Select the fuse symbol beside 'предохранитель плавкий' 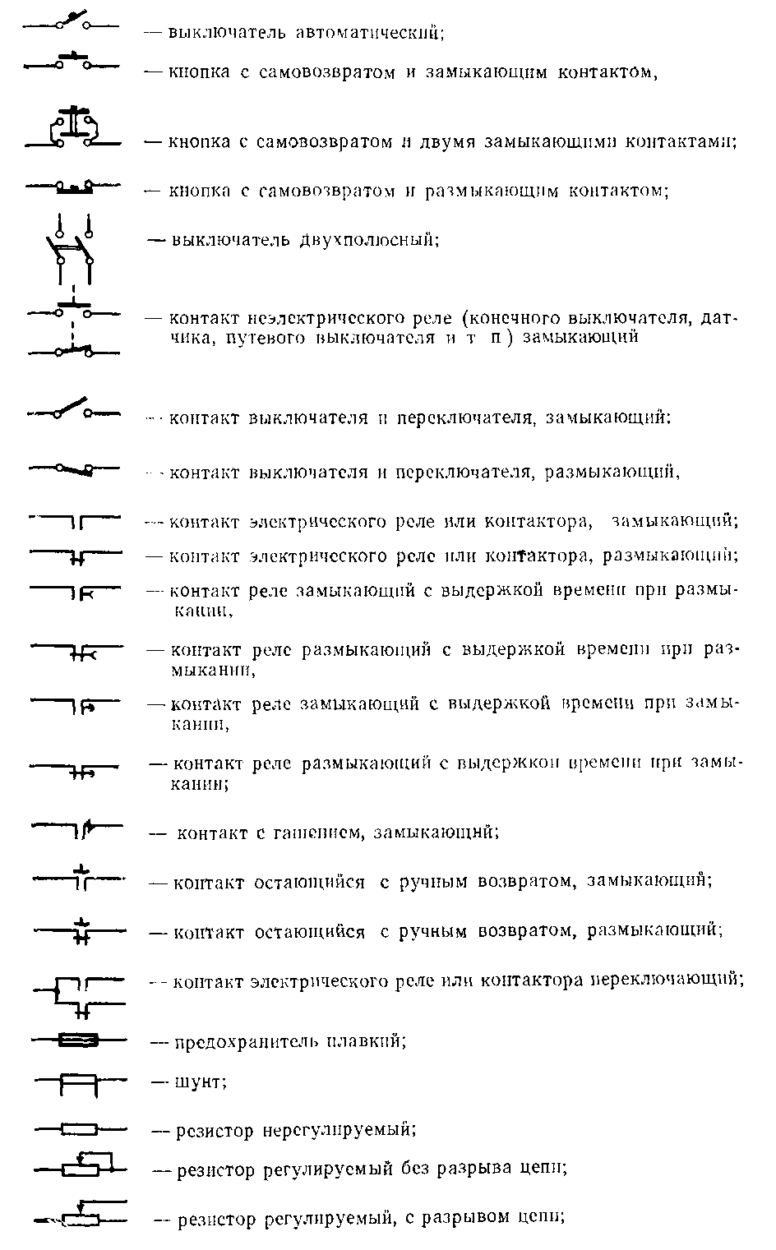[x=79, y=1040]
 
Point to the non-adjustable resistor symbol [x=79, y=1129]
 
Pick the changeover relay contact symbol [x=79, y=994]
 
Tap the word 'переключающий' [x=667, y=980]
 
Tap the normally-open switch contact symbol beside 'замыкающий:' [x=73, y=410]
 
